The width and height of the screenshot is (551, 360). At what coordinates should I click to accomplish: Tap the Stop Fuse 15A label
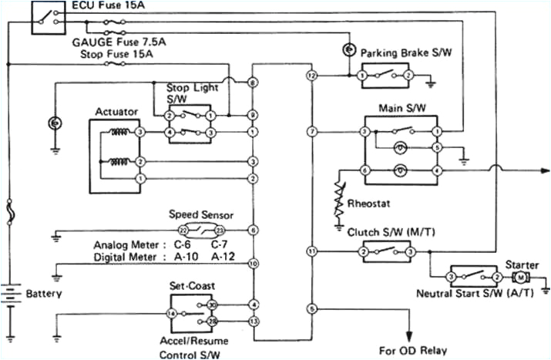click(x=114, y=55)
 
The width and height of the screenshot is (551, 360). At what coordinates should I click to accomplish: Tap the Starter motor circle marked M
click(x=521, y=277)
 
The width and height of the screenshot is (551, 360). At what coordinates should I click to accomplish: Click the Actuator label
click(x=116, y=112)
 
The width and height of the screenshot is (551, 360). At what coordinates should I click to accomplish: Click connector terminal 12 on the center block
click(x=311, y=76)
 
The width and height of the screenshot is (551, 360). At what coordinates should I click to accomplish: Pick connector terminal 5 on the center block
click(x=311, y=309)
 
